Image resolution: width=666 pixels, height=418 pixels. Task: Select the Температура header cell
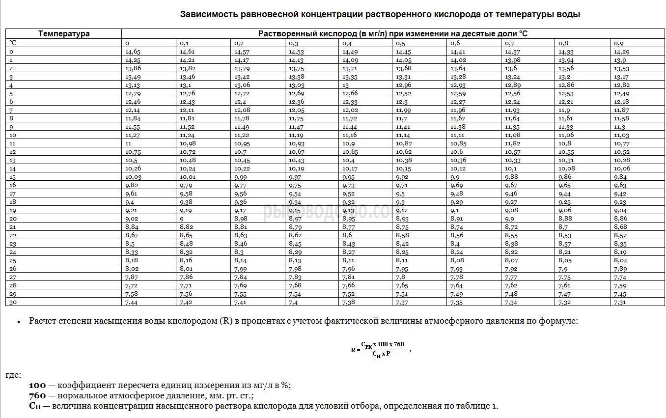64,34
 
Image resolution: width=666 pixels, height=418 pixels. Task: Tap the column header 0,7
510,43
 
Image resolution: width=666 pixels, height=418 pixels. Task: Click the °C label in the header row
13,43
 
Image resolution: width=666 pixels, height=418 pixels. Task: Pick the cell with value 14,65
133,52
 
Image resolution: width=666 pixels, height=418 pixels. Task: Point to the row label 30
13,302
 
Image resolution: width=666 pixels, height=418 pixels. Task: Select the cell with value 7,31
619,302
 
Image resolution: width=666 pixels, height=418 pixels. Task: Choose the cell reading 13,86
133,68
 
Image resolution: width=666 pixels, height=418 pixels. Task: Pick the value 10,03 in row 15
133,177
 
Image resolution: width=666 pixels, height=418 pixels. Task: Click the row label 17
13,194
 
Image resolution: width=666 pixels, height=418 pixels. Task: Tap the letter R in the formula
353,350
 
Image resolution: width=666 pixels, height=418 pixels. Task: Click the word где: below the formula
13,375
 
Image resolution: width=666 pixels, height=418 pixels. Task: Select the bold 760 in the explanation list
37,396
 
